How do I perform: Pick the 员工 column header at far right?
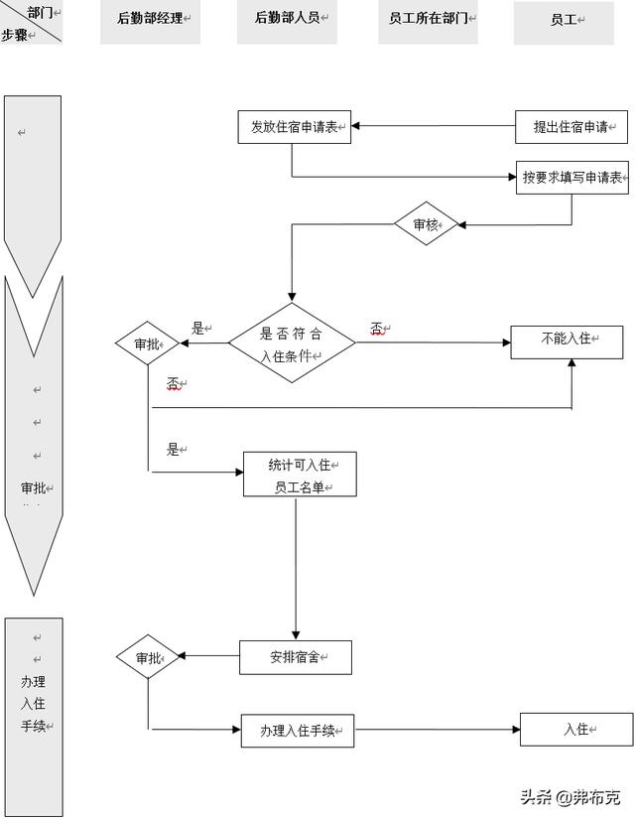coord(564,22)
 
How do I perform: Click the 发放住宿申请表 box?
coord(295,127)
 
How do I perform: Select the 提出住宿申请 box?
coord(571,127)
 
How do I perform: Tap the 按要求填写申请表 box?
coord(572,178)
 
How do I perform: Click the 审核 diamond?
coord(426,224)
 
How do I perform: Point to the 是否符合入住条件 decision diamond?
coord(292,343)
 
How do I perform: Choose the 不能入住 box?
coord(567,341)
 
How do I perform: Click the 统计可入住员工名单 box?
coord(300,475)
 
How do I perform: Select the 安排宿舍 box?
coord(296,657)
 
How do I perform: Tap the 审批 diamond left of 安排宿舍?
coord(148,657)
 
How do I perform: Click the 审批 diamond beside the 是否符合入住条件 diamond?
coord(146,343)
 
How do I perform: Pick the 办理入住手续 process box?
coord(298,731)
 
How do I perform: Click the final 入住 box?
coord(576,730)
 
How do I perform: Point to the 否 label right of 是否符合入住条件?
coord(378,329)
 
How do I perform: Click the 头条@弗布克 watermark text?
coord(572,797)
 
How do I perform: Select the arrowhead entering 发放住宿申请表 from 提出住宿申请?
coord(357,126)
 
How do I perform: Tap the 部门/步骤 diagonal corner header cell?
coord(32,22)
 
